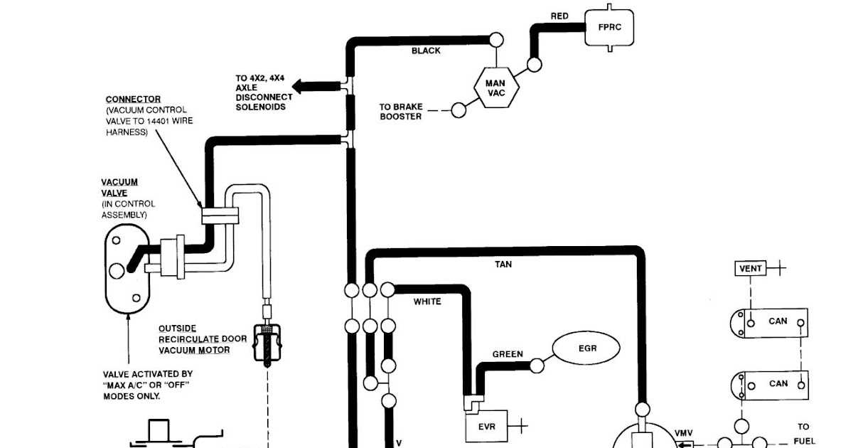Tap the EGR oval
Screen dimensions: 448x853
(x=586, y=348)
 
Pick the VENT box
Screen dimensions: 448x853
(x=751, y=269)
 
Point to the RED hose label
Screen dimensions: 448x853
(x=560, y=16)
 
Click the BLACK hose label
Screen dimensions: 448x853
(x=426, y=51)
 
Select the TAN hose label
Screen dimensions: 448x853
(x=503, y=265)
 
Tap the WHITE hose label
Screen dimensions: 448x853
(x=427, y=302)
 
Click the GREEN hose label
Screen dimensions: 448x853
(x=508, y=354)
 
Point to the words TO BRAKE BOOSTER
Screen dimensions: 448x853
(x=401, y=112)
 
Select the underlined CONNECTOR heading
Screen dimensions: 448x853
(x=133, y=100)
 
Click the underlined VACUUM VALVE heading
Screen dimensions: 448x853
(x=119, y=187)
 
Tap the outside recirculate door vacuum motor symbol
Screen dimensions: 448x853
(x=267, y=343)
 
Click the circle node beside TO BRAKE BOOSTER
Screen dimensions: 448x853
(x=459, y=110)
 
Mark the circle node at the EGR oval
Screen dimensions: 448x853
(x=537, y=366)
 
